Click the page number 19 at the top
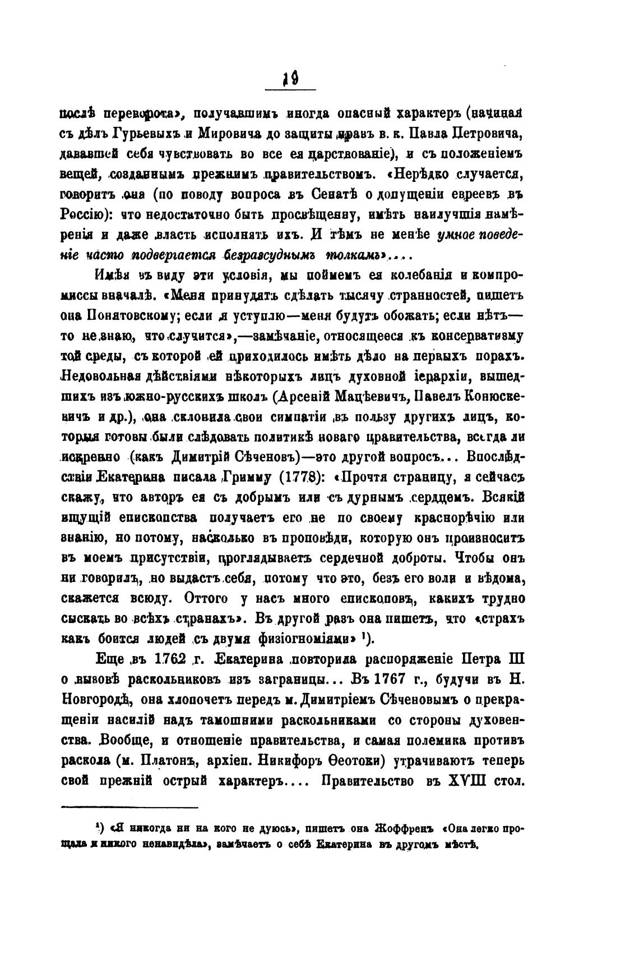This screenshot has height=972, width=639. pos(290,80)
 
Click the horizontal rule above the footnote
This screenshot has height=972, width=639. pos(129,808)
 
